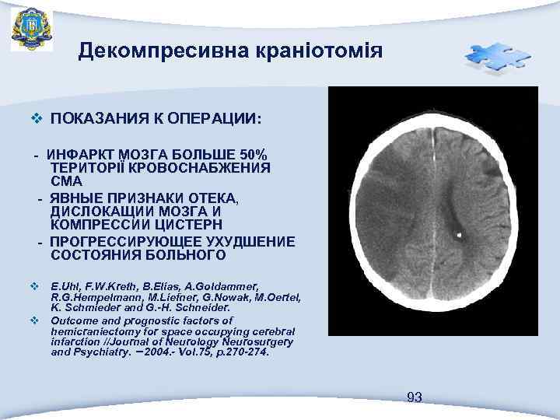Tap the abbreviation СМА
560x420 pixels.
point(66,180)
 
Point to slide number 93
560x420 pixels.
point(415,397)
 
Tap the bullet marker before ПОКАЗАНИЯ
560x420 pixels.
point(34,120)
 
